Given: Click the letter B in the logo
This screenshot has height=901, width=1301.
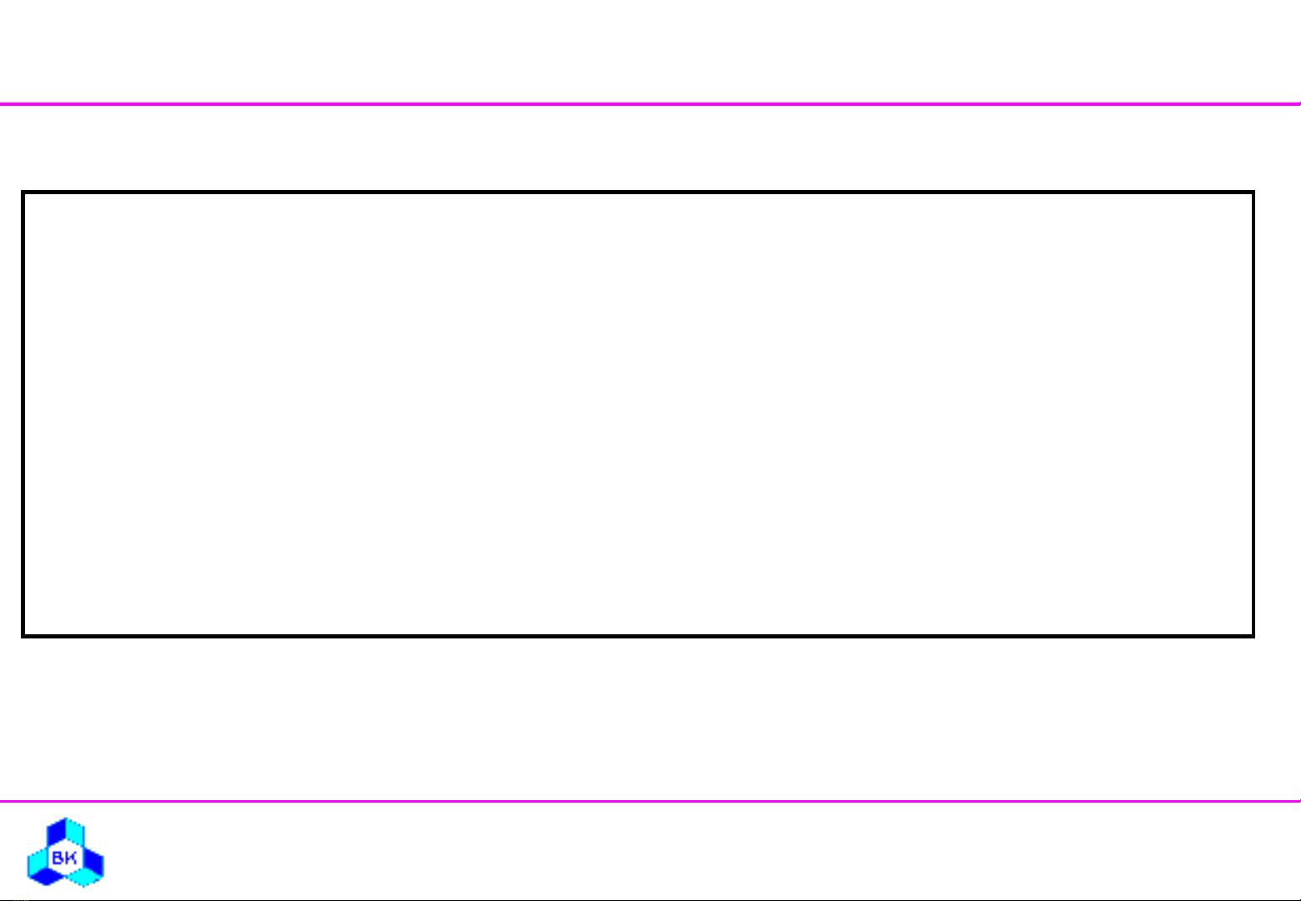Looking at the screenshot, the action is point(57,858).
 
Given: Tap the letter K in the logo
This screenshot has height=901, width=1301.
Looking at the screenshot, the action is point(70,858).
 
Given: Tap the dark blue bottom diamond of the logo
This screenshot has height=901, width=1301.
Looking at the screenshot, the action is point(47,877).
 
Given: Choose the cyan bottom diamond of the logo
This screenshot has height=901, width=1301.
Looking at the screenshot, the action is point(84,877).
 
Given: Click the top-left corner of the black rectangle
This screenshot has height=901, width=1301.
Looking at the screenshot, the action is point(23,192).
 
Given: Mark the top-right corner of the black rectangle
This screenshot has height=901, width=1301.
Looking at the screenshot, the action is point(1253,192).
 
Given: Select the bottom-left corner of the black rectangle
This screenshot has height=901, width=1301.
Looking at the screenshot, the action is point(23,636).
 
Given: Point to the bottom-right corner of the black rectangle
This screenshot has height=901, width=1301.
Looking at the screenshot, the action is point(1253,636).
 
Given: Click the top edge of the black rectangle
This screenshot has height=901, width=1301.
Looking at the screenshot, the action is point(638,192).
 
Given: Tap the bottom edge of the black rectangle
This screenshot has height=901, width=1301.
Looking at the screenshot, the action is point(638,636).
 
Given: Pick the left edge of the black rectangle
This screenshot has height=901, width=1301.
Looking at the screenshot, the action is point(23,413).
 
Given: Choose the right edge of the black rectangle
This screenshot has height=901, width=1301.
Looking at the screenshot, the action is point(1253,413).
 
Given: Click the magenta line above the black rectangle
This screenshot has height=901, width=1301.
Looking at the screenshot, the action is point(650,104).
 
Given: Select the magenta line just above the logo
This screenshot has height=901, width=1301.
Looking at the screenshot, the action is point(650,801).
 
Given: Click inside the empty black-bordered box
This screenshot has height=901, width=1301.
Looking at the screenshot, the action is point(638,413).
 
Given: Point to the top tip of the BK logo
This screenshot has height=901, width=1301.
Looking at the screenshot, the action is point(66,818).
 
